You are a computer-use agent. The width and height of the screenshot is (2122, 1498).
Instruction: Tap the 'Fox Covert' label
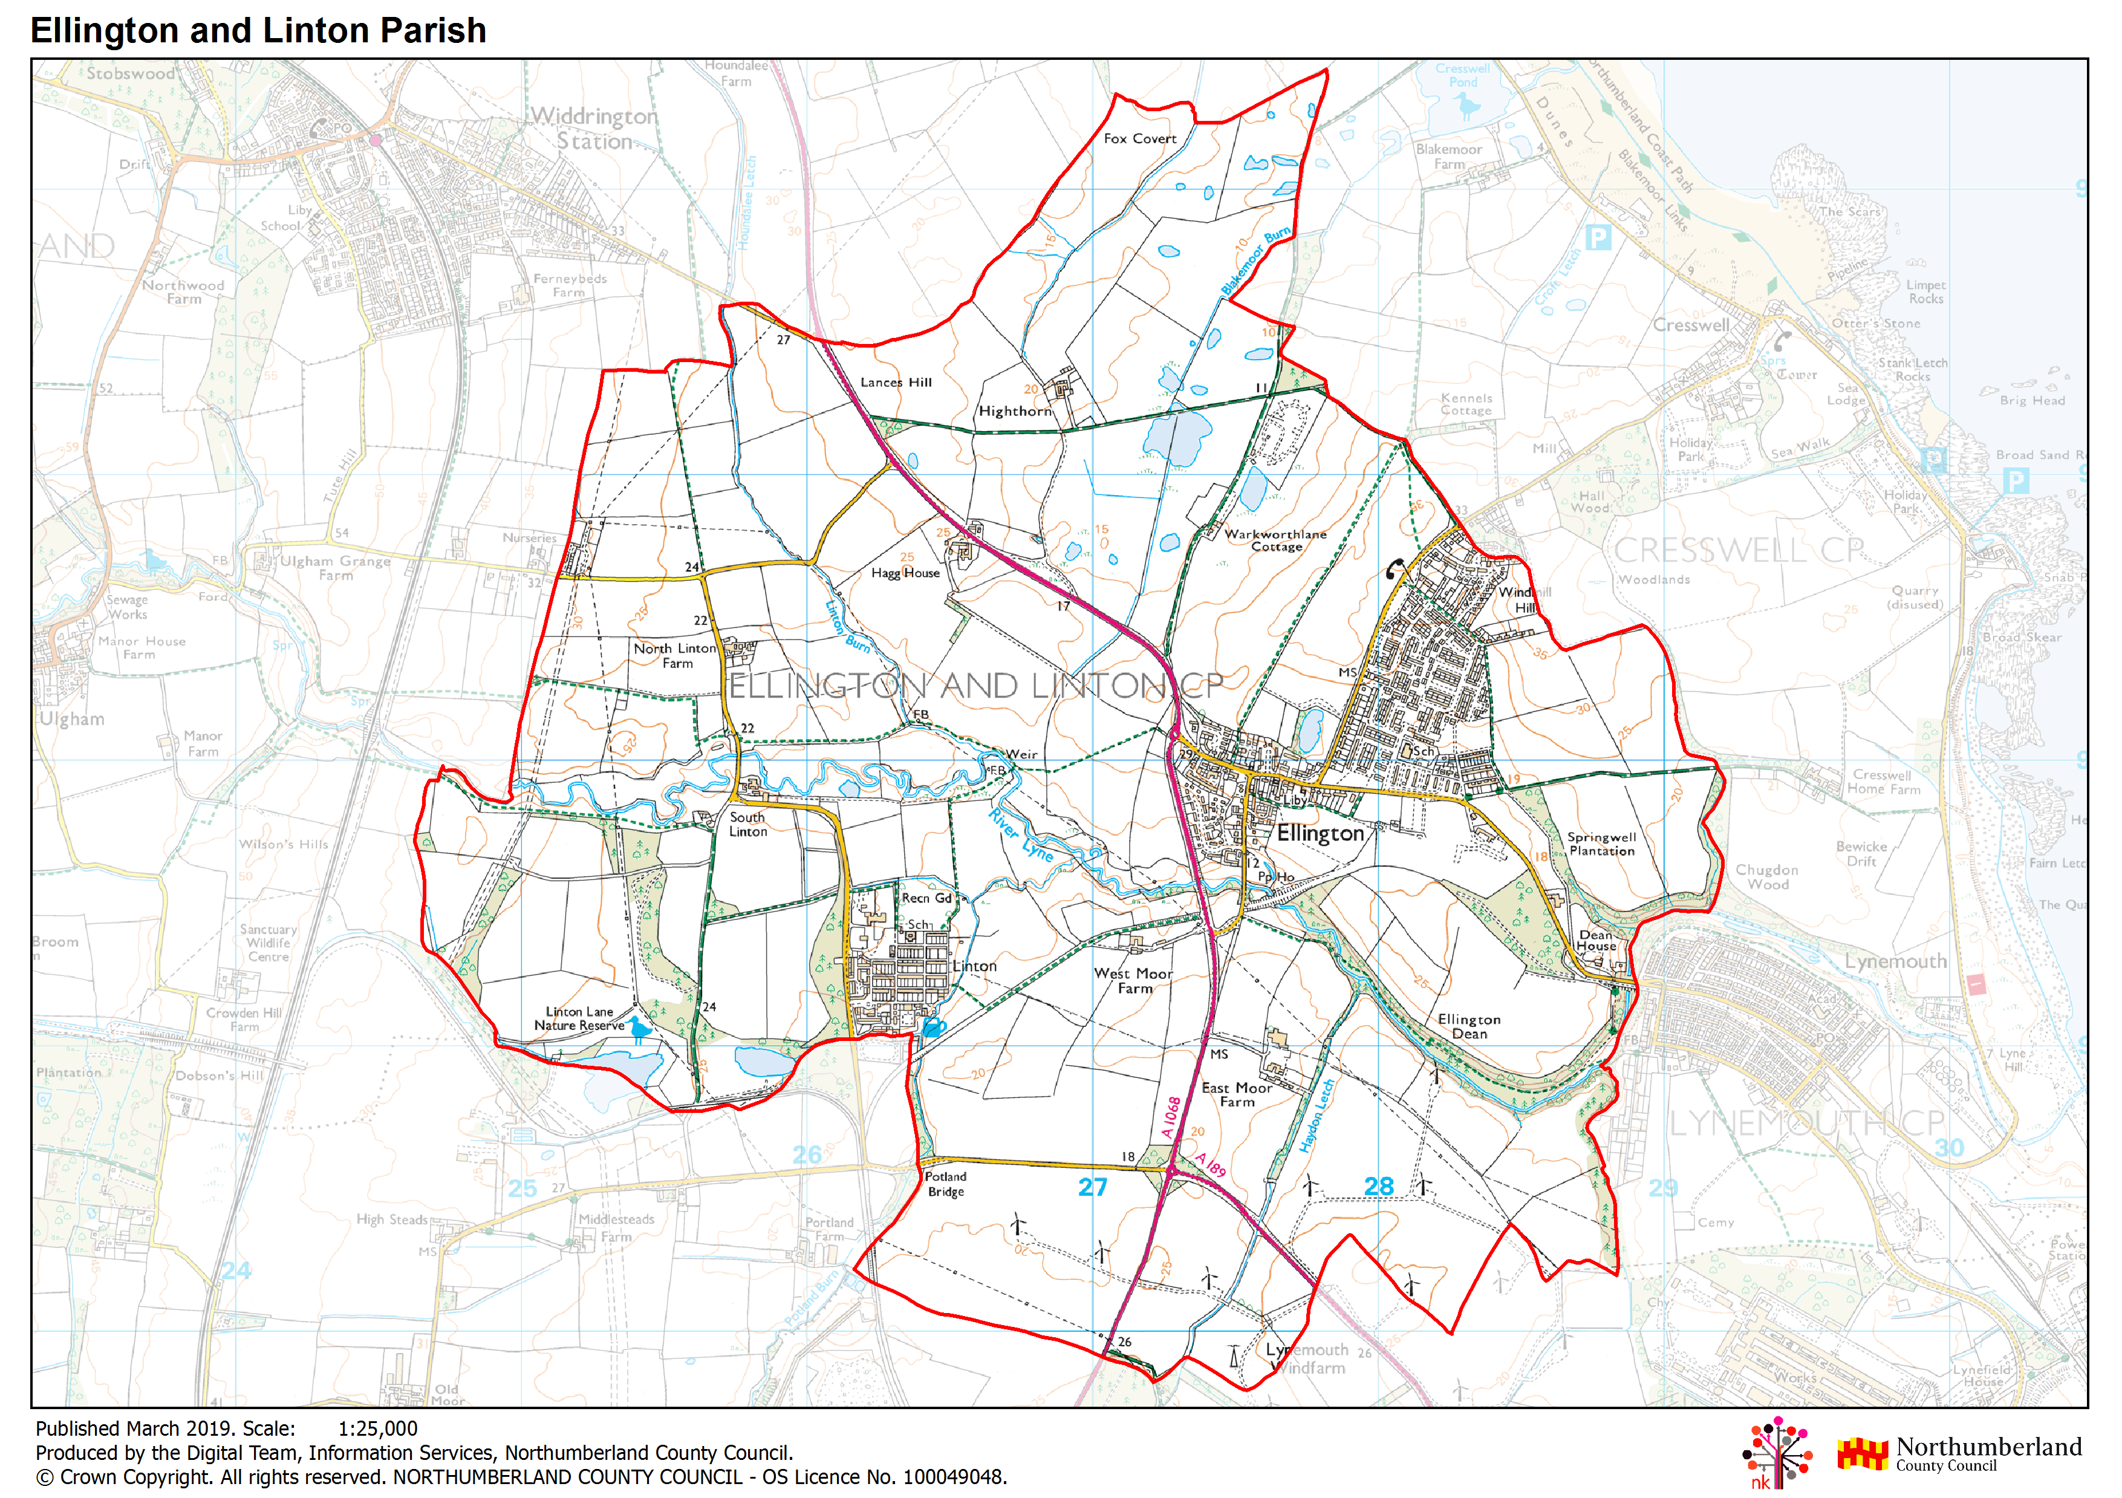tap(1139, 138)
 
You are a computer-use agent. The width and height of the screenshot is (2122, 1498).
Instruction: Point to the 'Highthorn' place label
tap(1015, 411)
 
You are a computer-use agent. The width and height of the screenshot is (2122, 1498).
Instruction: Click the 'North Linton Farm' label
tap(675, 655)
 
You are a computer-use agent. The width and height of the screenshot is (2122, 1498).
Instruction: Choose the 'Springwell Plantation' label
tap(1602, 844)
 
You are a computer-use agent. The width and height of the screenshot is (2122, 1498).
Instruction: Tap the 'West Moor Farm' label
tap(1133, 981)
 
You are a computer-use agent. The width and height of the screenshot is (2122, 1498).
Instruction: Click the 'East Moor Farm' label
tap(1237, 1095)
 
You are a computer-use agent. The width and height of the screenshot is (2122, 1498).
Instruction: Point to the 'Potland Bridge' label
tap(945, 1184)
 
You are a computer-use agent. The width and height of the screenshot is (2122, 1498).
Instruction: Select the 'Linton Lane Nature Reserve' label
tap(579, 1019)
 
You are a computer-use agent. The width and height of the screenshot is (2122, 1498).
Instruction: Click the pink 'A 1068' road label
tap(1171, 1117)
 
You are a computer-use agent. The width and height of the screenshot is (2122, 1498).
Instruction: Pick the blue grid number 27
tap(1092, 1187)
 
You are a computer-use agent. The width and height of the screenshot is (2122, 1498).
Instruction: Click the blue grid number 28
tap(1378, 1185)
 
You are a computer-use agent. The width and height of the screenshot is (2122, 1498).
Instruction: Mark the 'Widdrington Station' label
tap(594, 128)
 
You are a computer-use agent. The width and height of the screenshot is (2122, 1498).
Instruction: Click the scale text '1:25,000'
tap(377, 1428)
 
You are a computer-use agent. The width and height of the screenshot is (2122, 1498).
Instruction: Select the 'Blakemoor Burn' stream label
tap(1255, 262)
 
